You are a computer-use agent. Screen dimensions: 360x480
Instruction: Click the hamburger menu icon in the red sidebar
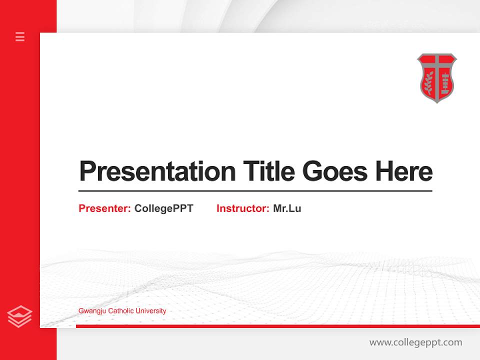pyautogui.click(x=20, y=36)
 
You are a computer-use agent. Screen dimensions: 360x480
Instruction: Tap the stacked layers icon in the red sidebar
pyautogui.click(x=19, y=316)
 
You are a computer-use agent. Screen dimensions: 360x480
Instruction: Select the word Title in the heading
pyautogui.click(x=269, y=171)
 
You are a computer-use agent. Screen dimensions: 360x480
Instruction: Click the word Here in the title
pyautogui.click(x=404, y=171)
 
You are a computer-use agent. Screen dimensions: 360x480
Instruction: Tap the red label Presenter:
pyautogui.click(x=104, y=208)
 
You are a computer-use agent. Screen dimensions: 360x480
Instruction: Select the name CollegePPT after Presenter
pyautogui.click(x=163, y=208)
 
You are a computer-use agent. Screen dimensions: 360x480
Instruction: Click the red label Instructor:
pyautogui.click(x=242, y=208)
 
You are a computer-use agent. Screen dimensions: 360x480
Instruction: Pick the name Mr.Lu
pyautogui.click(x=287, y=208)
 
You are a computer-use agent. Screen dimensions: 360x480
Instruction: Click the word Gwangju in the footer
pyautogui.click(x=90, y=311)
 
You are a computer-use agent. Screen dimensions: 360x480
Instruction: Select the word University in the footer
pyautogui.click(x=150, y=311)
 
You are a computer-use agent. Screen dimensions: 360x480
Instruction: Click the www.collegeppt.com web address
pyautogui.click(x=415, y=342)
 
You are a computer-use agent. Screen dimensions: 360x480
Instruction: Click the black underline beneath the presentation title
pyautogui.click(x=255, y=190)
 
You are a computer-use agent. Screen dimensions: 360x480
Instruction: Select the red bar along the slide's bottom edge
pyautogui.click(x=277, y=326)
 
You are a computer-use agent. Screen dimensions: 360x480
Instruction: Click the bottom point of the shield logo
pyautogui.click(x=437, y=102)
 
